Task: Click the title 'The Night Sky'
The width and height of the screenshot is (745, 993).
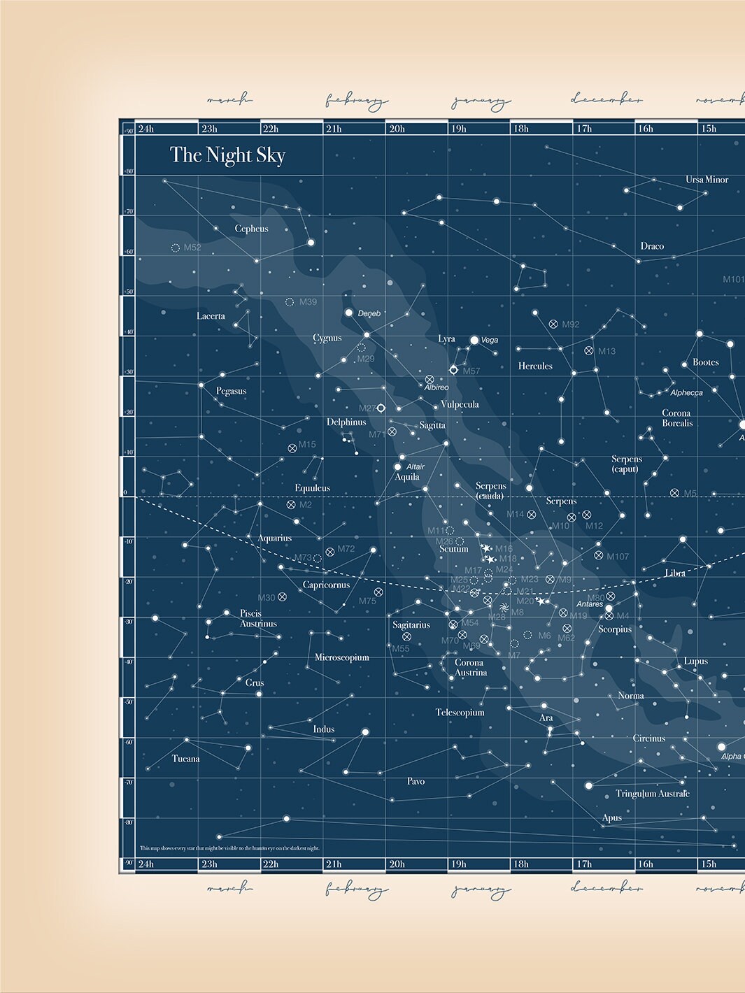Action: [227, 155]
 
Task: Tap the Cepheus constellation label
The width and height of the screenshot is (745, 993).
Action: [251, 229]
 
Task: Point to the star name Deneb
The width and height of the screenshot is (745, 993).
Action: [369, 313]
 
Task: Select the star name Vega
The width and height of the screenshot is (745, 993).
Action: [490, 340]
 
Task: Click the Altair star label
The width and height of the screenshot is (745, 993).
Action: [416, 466]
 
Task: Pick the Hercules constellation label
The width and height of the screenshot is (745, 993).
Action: [535, 366]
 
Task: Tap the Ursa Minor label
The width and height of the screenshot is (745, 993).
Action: [707, 180]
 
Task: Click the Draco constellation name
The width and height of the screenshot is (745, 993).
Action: [652, 246]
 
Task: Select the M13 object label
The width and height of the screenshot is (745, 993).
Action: [606, 351]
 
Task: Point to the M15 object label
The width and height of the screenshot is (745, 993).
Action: [307, 445]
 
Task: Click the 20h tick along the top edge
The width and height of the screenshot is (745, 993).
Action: [397, 129]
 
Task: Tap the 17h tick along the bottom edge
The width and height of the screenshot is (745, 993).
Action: [584, 864]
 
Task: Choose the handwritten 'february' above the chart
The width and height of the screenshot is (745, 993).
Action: [356, 101]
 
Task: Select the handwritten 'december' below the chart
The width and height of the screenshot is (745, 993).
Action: [606, 888]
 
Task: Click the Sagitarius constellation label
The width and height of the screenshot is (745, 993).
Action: [411, 624]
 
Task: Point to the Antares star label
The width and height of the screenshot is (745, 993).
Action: [590, 604]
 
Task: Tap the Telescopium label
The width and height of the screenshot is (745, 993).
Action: [460, 713]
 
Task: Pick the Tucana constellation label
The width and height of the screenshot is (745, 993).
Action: [185, 759]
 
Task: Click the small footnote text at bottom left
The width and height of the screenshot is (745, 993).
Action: [229, 848]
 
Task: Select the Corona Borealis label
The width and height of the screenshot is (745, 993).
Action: [677, 418]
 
